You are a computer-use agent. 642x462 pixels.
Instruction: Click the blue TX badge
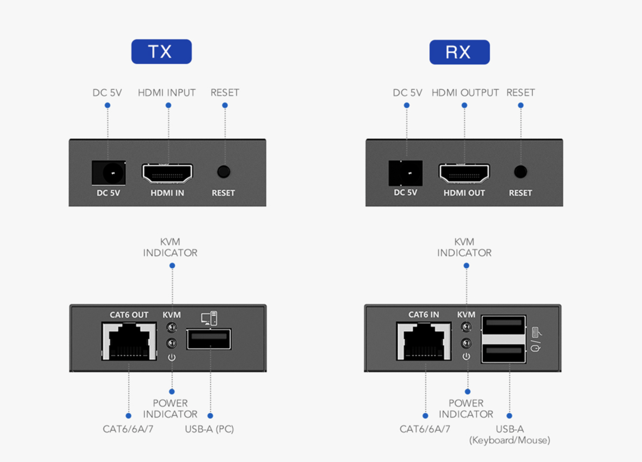coord(161,51)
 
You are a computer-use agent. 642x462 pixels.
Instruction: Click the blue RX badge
coord(459,52)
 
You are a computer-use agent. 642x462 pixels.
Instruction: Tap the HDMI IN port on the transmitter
coord(167,173)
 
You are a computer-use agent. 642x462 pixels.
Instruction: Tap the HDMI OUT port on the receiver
coord(464,173)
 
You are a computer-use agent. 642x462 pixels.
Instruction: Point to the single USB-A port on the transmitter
coord(209,339)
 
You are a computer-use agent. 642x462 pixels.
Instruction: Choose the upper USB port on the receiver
coord(504,325)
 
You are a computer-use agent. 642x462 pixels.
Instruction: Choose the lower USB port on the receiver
coord(504,353)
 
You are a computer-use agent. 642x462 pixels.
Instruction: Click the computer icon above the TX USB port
coord(209,318)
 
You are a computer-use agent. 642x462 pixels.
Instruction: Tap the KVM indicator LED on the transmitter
coord(172,328)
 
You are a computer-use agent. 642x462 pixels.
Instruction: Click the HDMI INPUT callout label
coord(167,93)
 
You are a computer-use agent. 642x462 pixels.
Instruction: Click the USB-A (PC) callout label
coord(209,429)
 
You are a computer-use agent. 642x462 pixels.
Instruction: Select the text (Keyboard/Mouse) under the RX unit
coord(510,440)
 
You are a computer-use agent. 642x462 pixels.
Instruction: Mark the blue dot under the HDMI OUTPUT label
coord(464,105)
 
